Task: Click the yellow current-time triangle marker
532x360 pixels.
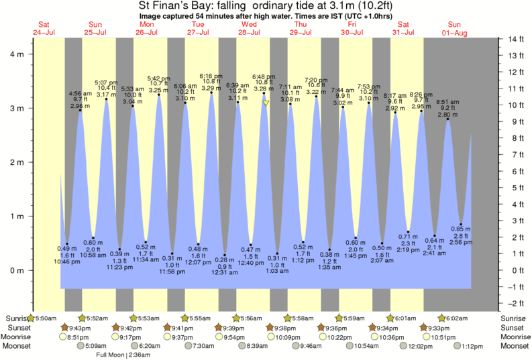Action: [x=266, y=103]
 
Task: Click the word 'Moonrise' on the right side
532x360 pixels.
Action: [x=514, y=337]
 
